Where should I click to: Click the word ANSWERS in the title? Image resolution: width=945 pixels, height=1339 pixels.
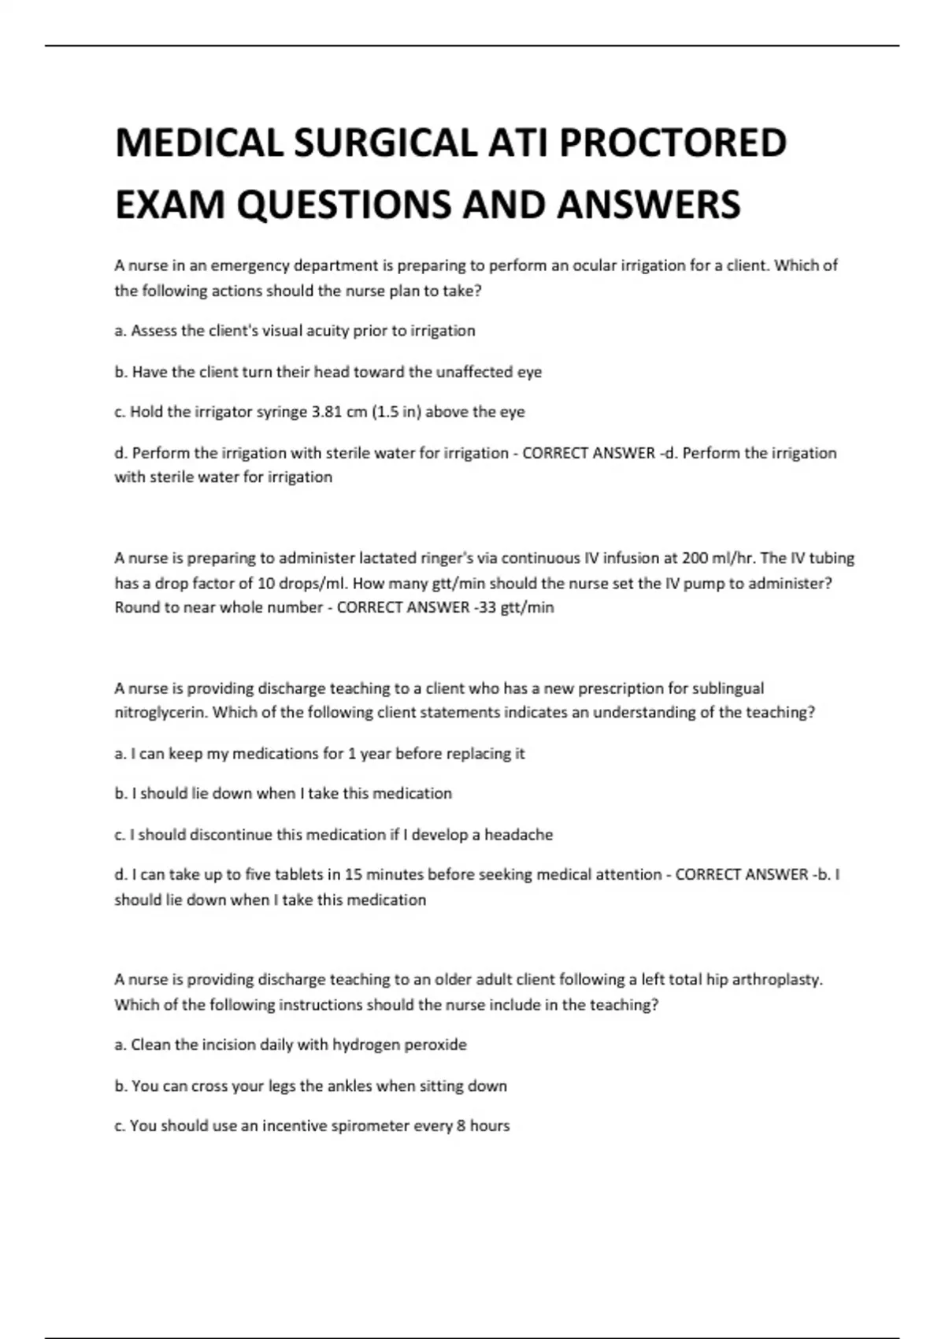(x=648, y=204)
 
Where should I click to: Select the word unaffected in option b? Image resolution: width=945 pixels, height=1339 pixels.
(x=461, y=372)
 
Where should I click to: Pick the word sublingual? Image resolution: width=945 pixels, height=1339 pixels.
(x=728, y=688)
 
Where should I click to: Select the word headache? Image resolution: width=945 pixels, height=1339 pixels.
(x=518, y=835)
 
